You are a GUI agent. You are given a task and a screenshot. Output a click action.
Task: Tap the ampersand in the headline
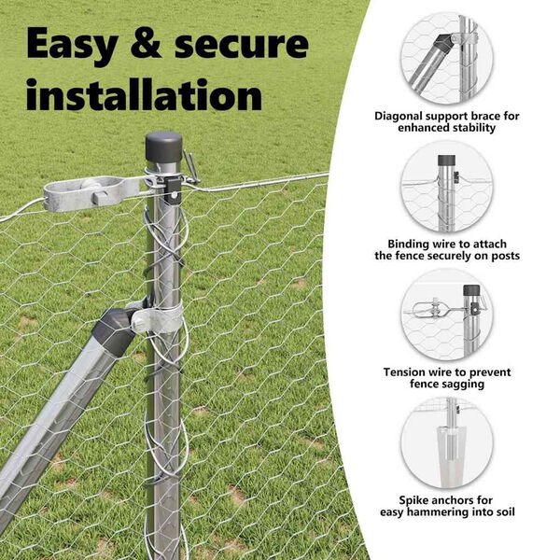(x=147, y=43)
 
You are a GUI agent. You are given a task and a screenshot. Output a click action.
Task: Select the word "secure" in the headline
(x=242, y=45)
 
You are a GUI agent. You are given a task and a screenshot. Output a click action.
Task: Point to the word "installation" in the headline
(x=145, y=93)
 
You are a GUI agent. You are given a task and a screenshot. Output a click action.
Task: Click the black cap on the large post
(x=163, y=147)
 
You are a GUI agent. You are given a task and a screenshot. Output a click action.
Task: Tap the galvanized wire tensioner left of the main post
(x=93, y=194)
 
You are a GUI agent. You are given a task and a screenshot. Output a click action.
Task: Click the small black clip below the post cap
(x=173, y=189)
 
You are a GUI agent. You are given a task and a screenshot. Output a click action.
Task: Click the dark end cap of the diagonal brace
(x=114, y=330)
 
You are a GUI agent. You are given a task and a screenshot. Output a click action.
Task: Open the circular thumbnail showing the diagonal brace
(x=447, y=59)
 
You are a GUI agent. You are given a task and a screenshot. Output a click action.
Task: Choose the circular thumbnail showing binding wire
(x=447, y=188)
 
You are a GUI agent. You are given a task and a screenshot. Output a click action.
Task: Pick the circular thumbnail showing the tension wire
(x=447, y=315)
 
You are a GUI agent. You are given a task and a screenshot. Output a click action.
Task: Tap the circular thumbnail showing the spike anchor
(x=447, y=442)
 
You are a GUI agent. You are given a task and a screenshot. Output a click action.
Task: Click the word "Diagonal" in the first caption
(x=399, y=117)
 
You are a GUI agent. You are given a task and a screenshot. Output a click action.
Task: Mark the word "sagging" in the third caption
(x=465, y=385)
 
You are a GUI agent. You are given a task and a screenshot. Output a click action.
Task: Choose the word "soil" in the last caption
(x=504, y=512)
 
